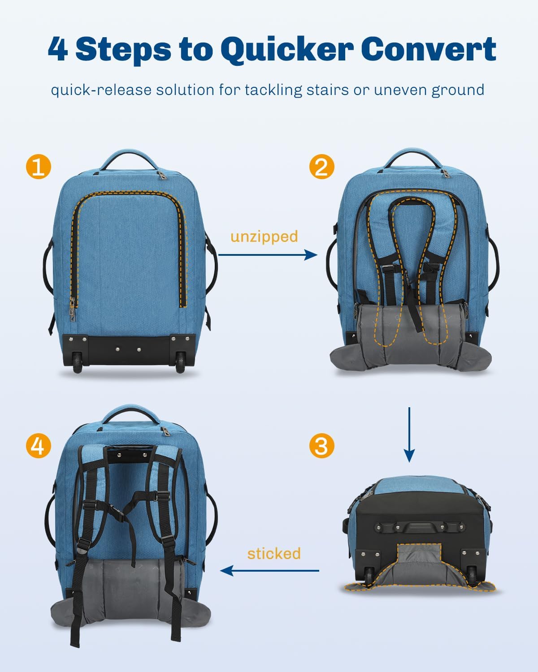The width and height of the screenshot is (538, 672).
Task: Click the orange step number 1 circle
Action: pos(38,168)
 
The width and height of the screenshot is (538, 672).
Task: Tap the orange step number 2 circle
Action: pos(321,168)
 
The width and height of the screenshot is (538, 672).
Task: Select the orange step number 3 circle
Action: pos(321,446)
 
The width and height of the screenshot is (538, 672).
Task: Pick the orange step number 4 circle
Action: pos(38,446)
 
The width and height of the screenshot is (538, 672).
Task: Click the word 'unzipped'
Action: pos(264,237)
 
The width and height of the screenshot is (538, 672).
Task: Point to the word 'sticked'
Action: pos(274,554)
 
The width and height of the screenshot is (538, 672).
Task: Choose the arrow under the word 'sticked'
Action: pos(269,571)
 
